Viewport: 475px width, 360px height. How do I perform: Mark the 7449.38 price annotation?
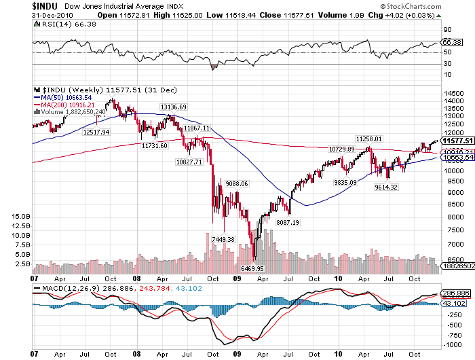(x=223, y=239)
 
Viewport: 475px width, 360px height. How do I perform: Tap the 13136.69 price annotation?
(x=173, y=107)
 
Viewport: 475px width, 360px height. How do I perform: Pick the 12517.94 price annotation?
(x=96, y=132)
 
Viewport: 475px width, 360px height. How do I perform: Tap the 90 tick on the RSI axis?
(x=448, y=31)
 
